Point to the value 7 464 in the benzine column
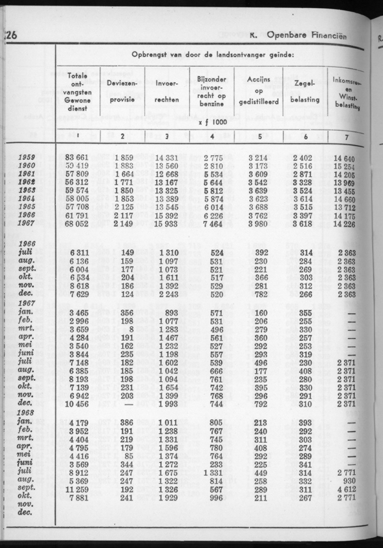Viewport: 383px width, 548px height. tap(212, 224)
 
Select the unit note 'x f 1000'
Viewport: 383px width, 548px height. tap(212, 123)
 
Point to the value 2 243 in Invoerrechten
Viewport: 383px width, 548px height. tap(166, 295)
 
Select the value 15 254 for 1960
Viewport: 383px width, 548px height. tap(347, 166)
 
